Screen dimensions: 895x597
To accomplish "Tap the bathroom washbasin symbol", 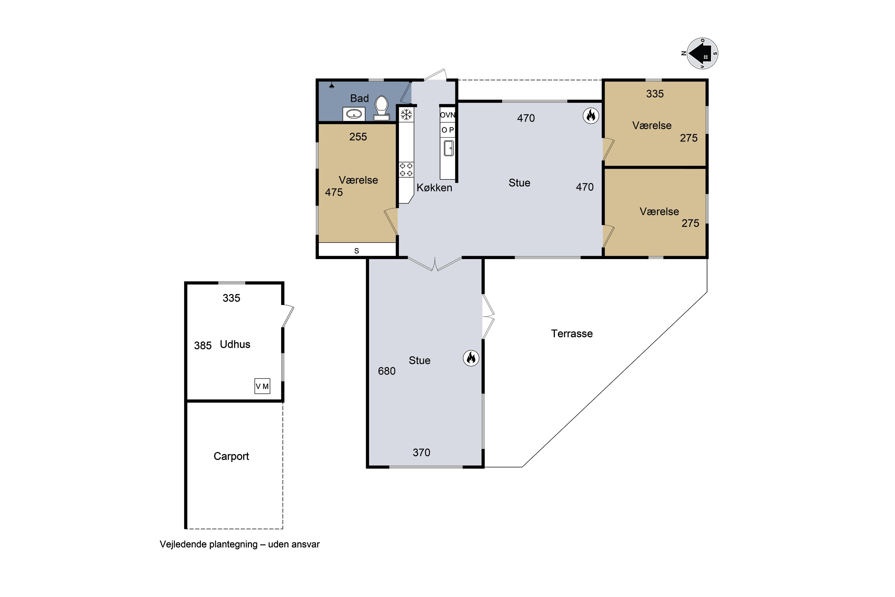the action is click(354, 114).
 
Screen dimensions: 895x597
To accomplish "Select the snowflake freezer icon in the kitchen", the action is click(406, 114).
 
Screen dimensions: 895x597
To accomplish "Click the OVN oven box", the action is click(447, 115).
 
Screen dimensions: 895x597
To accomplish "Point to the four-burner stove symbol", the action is click(406, 170).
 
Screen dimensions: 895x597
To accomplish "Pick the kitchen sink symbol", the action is click(449, 148).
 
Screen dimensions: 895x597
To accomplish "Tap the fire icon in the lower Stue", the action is click(471, 358).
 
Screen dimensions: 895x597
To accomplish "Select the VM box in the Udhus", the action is click(262, 386).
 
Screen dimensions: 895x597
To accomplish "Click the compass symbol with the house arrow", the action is click(702, 54).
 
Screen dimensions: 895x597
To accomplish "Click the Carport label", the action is click(232, 456).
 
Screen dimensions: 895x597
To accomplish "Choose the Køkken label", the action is click(435, 188).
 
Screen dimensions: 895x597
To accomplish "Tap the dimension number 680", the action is click(387, 371).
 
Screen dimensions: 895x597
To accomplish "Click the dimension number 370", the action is click(422, 453).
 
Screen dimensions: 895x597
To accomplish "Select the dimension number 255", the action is click(358, 137).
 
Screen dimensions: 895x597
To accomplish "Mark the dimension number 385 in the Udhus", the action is click(203, 346).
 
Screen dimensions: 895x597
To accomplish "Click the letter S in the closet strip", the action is click(357, 251).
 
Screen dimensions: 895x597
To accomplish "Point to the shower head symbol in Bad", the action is click(332, 85).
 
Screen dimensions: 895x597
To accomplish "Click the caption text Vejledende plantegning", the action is click(209, 544).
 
